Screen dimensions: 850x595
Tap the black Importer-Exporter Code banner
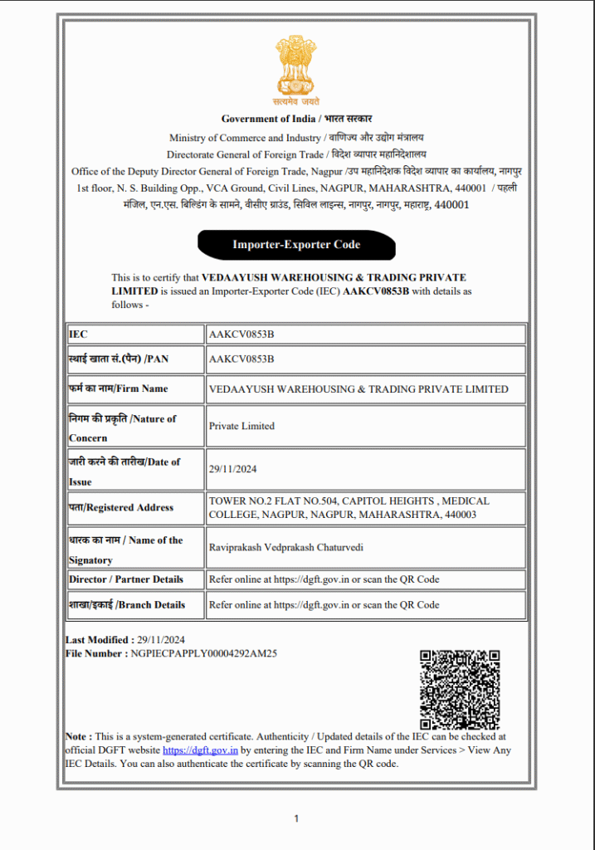coord(296,245)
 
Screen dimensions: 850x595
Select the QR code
coord(460,690)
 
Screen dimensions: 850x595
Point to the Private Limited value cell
coord(241,426)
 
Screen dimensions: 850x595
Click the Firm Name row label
coord(119,388)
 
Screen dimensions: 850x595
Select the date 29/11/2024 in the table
coord(233,469)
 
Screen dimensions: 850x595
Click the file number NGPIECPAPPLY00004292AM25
coord(204,654)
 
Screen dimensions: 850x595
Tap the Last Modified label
coord(97,640)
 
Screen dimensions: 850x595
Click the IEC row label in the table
coord(79,335)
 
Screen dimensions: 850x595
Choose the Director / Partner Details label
coord(126,579)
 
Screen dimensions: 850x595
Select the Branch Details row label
coord(127,604)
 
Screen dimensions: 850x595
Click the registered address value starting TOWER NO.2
coord(349,508)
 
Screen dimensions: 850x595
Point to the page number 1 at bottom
coord(296,819)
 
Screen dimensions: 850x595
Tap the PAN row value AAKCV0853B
coord(241,359)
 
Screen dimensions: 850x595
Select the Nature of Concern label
coord(123,427)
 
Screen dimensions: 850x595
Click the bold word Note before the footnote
coord(77,736)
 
